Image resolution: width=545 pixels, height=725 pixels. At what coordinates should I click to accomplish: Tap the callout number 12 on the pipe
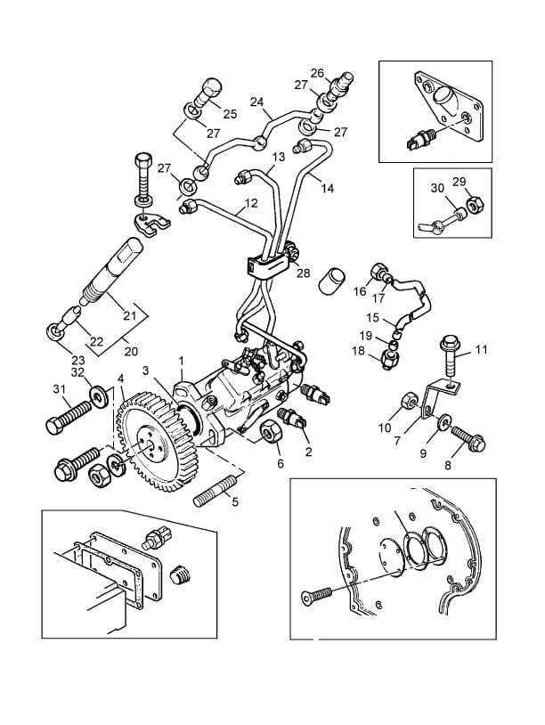[x=251, y=203]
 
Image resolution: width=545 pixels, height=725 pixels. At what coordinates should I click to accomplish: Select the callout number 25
[x=230, y=114]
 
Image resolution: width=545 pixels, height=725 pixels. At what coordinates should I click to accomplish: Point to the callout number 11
[x=481, y=350]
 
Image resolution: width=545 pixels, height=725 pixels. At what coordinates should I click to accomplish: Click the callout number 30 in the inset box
[x=437, y=188]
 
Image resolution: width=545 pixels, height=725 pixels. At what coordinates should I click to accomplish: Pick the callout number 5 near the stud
[x=235, y=501]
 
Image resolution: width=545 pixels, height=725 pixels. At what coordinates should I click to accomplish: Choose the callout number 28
[x=304, y=273]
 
